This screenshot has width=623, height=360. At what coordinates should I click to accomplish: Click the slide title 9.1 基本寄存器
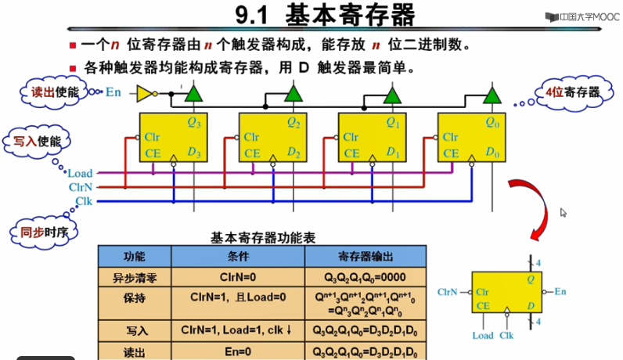[x=326, y=16]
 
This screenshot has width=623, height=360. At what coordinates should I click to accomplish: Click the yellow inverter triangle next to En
[x=145, y=93]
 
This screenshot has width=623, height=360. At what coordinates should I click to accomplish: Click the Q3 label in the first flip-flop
[x=194, y=122]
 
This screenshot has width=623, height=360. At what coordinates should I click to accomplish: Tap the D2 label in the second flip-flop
[x=294, y=153]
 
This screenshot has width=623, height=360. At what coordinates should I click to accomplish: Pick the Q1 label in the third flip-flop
[x=394, y=122]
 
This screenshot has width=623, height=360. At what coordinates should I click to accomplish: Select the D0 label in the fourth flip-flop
[x=492, y=153]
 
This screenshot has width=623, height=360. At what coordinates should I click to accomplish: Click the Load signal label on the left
[x=80, y=173]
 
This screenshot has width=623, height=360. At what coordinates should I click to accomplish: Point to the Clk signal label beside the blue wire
[x=85, y=201]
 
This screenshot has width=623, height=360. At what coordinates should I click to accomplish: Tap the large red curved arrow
[x=528, y=207]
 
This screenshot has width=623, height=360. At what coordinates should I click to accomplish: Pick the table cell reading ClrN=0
[x=236, y=277]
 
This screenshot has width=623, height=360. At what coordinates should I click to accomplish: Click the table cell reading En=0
[x=236, y=353]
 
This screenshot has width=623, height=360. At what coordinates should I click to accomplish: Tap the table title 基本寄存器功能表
[x=262, y=236]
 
